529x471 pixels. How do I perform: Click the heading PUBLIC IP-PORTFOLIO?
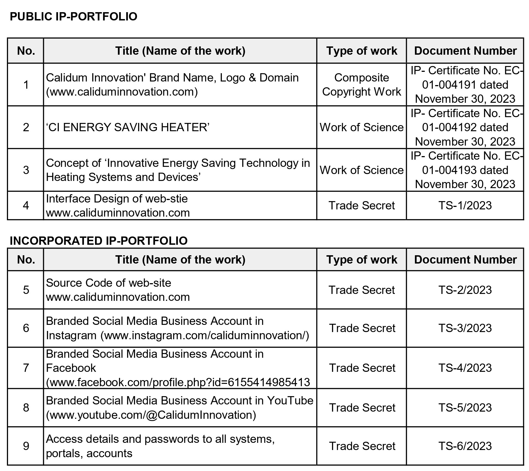coord(73,17)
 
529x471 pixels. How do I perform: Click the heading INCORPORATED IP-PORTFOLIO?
coord(99,241)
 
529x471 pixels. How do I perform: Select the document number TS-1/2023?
coord(465,206)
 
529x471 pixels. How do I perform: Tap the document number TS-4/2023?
coord(465,368)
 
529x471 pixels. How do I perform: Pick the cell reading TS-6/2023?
coord(465,446)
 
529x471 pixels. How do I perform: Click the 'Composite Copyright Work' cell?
coord(361,85)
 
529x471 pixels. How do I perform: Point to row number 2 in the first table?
coord(26,127)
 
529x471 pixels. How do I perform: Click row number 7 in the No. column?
coord(26,368)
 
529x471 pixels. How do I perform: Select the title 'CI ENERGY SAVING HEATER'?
coord(128,127)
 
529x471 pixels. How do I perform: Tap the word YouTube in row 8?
coord(290,401)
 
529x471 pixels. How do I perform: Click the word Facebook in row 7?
coord(71,368)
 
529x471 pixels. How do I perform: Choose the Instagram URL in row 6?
coord(205,335)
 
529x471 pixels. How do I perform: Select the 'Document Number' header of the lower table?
coord(465,260)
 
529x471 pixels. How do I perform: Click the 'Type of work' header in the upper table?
coord(361,51)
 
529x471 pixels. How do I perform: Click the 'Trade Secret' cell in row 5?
coord(361,290)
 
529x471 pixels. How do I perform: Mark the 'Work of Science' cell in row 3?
coord(361,170)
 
